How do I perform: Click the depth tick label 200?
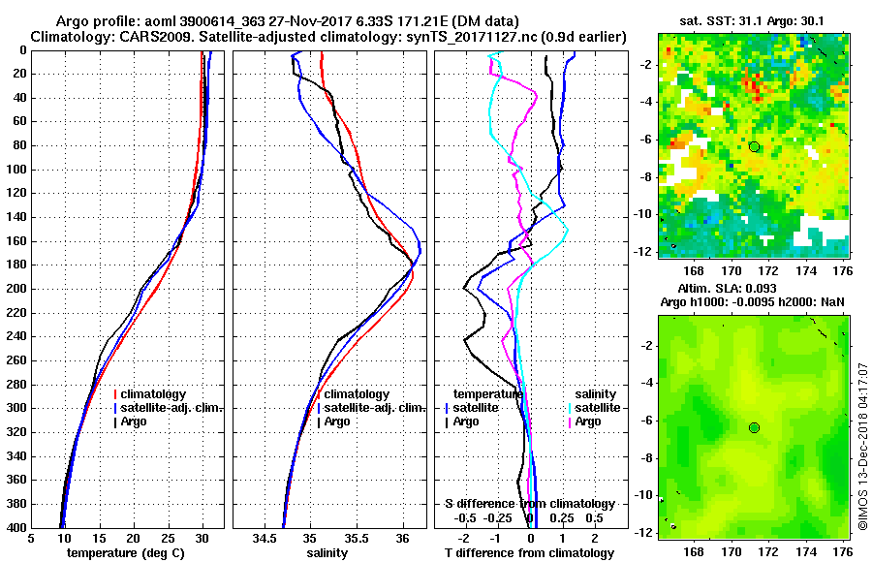(x=17, y=289)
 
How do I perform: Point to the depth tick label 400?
(x=17, y=527)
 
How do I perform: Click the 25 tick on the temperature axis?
(x=168, y=538)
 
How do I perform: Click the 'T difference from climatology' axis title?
(x=530, y=553)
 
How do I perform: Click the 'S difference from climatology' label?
(x=529, y=504)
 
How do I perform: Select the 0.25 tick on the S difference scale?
(x=562, y=518)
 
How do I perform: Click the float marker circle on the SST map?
(x=754, y=146)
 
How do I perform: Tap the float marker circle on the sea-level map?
(x=754, y=427)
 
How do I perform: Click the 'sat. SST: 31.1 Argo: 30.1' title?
(x=754, y=19)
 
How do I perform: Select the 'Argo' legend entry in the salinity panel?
(x=337, y=421)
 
